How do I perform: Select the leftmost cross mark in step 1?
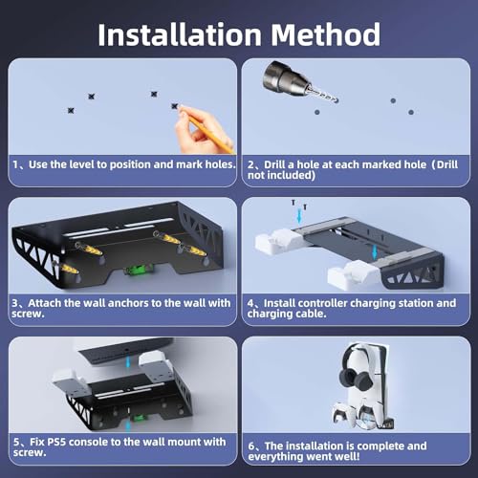71,107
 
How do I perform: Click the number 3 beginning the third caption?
14,303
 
